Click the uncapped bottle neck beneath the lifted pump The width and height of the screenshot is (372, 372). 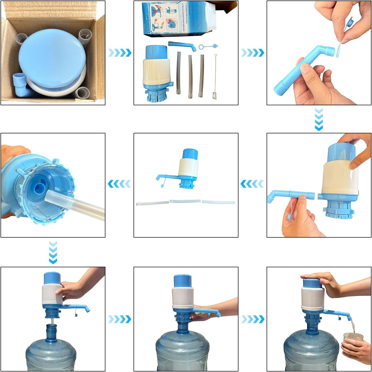(53, 332)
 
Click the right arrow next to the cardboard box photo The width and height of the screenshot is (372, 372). (120, 53)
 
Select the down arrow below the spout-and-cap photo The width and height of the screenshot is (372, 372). (319, 119)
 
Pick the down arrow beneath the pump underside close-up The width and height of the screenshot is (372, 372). (53, 252)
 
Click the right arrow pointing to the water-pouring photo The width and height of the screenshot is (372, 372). (253, 319)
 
